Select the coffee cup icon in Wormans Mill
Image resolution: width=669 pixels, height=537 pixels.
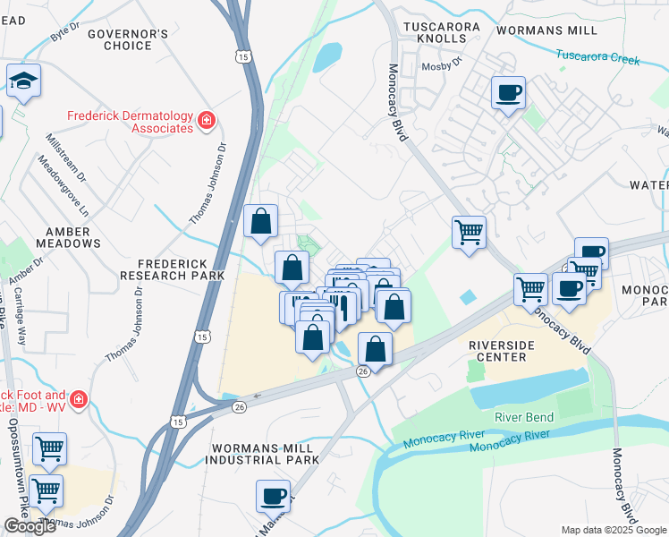tap(508, 93)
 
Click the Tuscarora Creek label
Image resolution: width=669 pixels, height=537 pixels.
tap(598, 57)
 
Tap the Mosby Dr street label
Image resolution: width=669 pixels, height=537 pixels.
tap(440, 65)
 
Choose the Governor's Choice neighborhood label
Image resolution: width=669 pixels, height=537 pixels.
tap(128, 40)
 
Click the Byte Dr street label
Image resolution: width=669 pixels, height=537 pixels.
tap(65, 34)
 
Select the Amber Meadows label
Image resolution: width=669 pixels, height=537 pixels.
tap(68, 237)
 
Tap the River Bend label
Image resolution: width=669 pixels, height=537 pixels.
tap(525, 417)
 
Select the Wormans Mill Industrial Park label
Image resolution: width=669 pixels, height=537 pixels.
tap(261, 453)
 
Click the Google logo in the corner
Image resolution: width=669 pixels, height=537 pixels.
tap(30, 526)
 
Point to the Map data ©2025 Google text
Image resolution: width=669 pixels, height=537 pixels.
tap(614, 530)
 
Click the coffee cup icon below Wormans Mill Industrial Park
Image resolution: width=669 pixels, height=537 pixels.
tap(273, 496)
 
